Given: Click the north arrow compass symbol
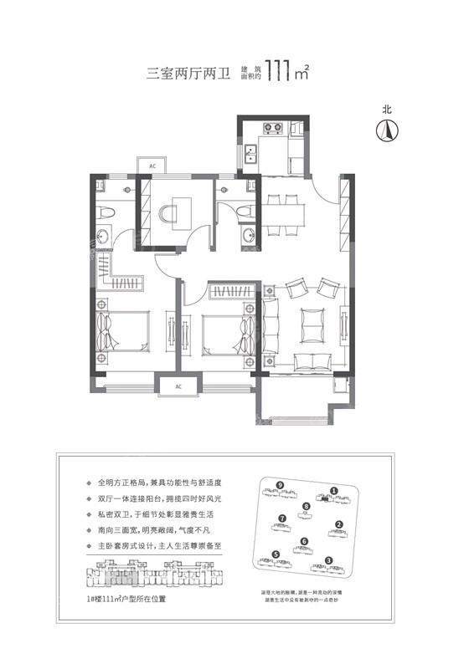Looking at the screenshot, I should point(387,130).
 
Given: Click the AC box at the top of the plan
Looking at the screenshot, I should point(152,166).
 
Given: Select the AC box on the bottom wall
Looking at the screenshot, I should point(179,387).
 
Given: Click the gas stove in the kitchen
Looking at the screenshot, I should point(273,129).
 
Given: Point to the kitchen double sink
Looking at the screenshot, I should point(251,154).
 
